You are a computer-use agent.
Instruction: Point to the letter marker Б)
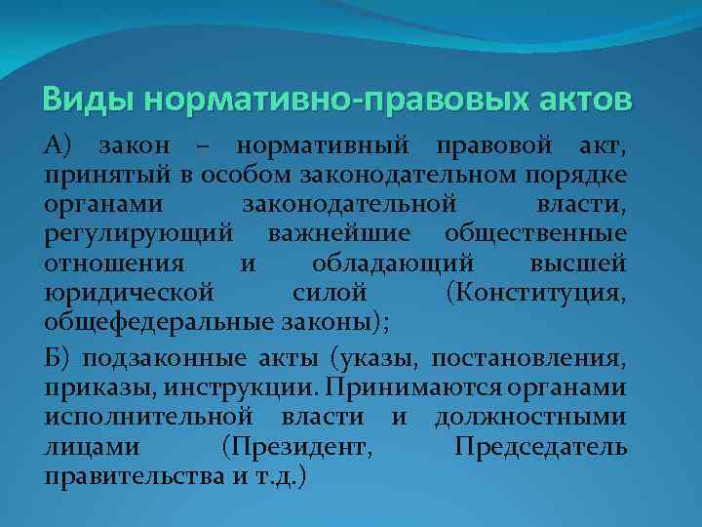pos(58,361)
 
